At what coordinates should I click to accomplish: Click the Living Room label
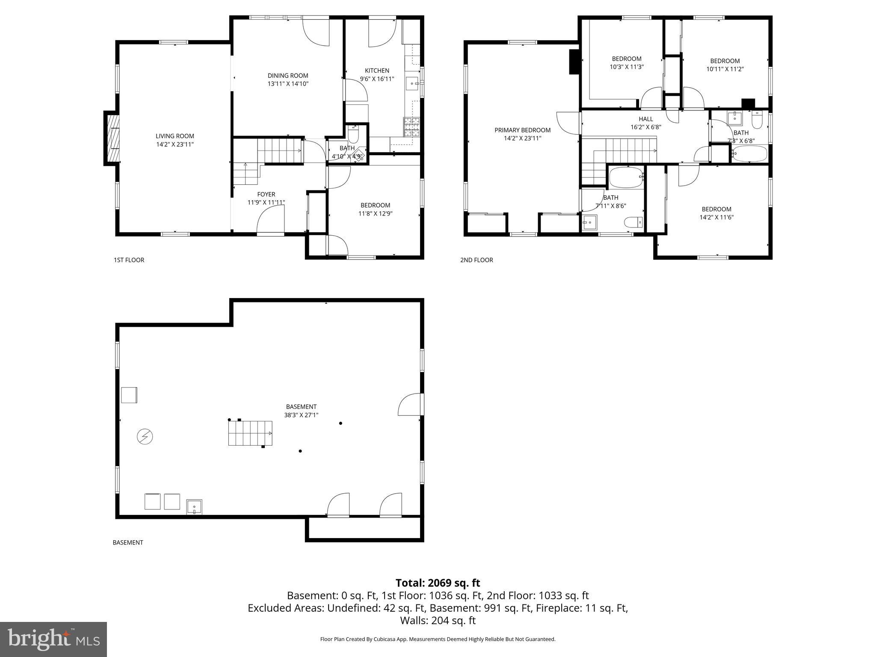point(175,136)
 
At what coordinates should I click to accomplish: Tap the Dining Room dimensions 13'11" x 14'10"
point(288,84)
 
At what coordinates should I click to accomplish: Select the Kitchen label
point(377,71)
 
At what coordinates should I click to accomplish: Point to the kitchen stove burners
point(411,127)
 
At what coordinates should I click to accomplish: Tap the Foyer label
point(266,194)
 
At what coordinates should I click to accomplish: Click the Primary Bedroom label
point(522,130)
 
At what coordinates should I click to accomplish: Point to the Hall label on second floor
point(645,119)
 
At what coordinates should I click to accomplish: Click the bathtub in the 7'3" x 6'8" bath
point(749,154)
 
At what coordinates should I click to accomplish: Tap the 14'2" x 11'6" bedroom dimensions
point(716,217)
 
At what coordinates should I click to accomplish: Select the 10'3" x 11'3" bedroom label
point(626,59)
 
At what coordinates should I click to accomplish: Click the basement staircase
point(250,433)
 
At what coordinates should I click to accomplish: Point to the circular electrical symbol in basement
point(145,437)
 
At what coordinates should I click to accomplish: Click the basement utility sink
point(194,507)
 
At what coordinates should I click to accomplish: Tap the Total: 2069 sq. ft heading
point(438,583)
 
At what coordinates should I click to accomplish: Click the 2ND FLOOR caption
point(476,260)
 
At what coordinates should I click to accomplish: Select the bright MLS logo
point(53,639)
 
